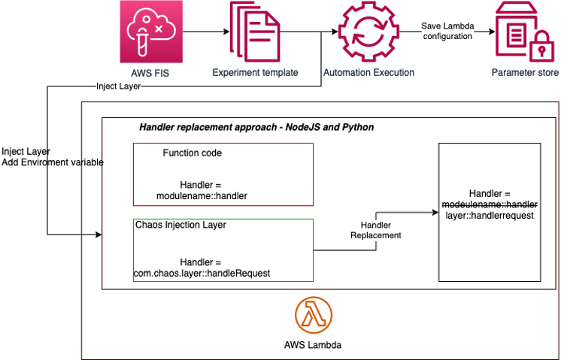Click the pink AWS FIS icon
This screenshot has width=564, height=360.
[x=152, y=32]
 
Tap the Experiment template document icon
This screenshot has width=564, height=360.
[x=255, y=32]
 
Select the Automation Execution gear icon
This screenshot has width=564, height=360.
[x=368, y=32]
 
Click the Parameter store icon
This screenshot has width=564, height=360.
[x=525, y=32]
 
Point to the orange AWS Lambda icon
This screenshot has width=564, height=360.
[x=314, y=316]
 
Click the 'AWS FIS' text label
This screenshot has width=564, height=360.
[x=152, y=73]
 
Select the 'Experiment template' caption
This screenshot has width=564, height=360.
[x=255, y=73]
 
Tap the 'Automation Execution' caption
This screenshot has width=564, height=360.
[x=368, y=73]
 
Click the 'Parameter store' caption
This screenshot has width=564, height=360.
[x=525, y=73]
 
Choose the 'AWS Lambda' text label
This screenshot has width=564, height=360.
[x=314, y=346]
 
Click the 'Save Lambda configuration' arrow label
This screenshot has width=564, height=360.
[x=447, y=31]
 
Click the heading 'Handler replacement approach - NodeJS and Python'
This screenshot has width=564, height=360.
[x=256, y=128]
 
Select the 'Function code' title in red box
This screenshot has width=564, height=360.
[x=192, y=153]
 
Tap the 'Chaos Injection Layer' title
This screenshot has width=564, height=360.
[x=180, y=225]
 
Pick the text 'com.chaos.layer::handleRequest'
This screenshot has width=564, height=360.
[x=202, y=274]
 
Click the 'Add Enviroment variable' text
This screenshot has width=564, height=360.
[x=53, y=162]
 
